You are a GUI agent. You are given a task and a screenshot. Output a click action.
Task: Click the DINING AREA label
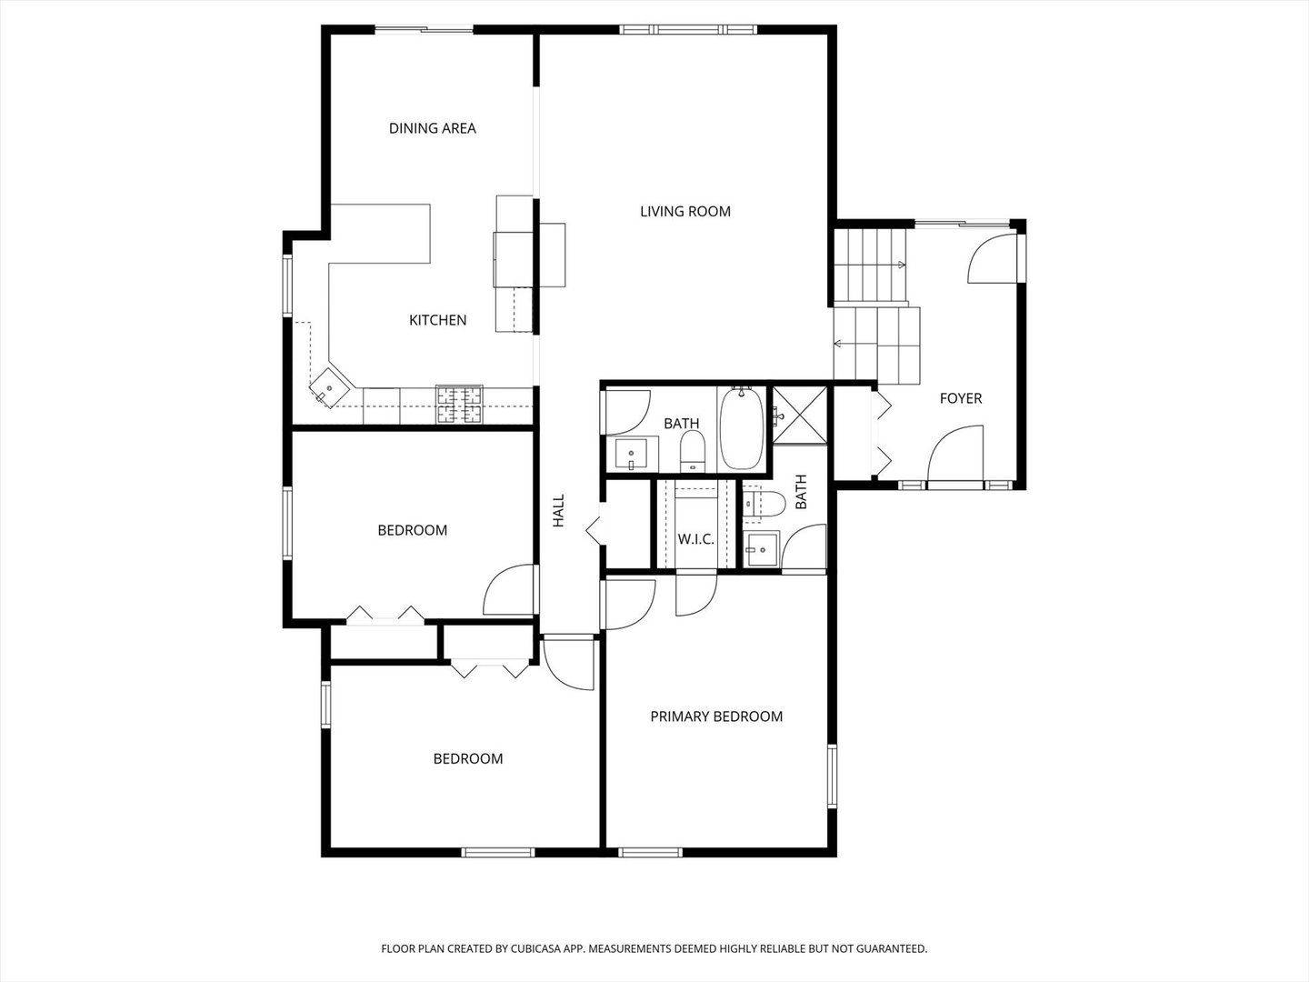(432, 128)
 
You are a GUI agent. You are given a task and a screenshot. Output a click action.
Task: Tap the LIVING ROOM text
(684, 212)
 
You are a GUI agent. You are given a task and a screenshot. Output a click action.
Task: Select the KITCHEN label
(437, 320)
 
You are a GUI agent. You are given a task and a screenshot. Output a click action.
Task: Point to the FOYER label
(960, 398)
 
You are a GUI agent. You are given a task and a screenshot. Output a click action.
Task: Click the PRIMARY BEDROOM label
(715, 716)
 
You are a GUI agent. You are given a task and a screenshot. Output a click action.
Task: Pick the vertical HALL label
(559, 510)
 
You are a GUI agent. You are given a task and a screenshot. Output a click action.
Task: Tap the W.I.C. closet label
(695, 539)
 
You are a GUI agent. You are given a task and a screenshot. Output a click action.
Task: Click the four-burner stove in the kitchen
(459, 406)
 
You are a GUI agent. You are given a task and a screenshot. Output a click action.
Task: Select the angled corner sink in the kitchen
(329, 388)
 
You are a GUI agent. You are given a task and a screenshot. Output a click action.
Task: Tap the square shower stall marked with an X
(800, 416)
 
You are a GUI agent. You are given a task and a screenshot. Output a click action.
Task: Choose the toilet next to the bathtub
(693, 451)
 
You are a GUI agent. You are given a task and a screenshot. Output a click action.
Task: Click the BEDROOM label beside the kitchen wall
(412, 530)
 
